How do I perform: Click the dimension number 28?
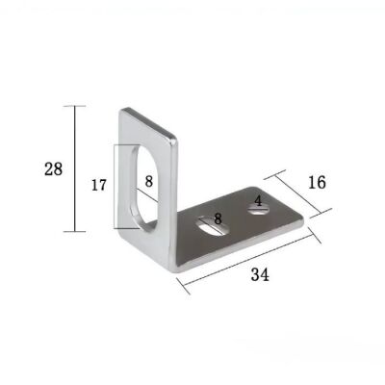pyautogui.click(x=54, y=169)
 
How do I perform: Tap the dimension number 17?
pyautogui.click(x=99, y=185)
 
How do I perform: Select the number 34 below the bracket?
pyautogui.click(x=260, y=275)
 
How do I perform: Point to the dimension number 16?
pyautogui.click(x=317, y=182)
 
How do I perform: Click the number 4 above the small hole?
pyautogui.click(x=258, y=201)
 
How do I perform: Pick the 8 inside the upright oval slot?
pyautogui.click(x=148, y=181)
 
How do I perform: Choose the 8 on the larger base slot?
pyautogui.click(x=218, y=218)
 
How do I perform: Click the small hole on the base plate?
pyautogui.click(x=258, y=210)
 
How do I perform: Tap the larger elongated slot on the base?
pyautogui.click(x=214, y=226)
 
